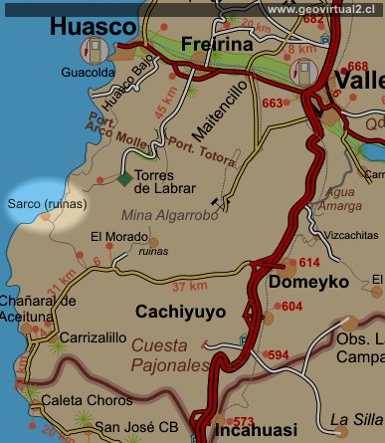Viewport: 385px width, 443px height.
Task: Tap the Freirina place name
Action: click(x=216, y=44)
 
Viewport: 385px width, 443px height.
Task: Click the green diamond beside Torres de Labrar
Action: click(x=123, y=179)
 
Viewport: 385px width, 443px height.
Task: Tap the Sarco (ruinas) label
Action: click(x=47, y=204)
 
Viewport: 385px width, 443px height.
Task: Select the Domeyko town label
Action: click(x=308, y=283)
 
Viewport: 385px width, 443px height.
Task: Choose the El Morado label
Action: click(x=111, y=236)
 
